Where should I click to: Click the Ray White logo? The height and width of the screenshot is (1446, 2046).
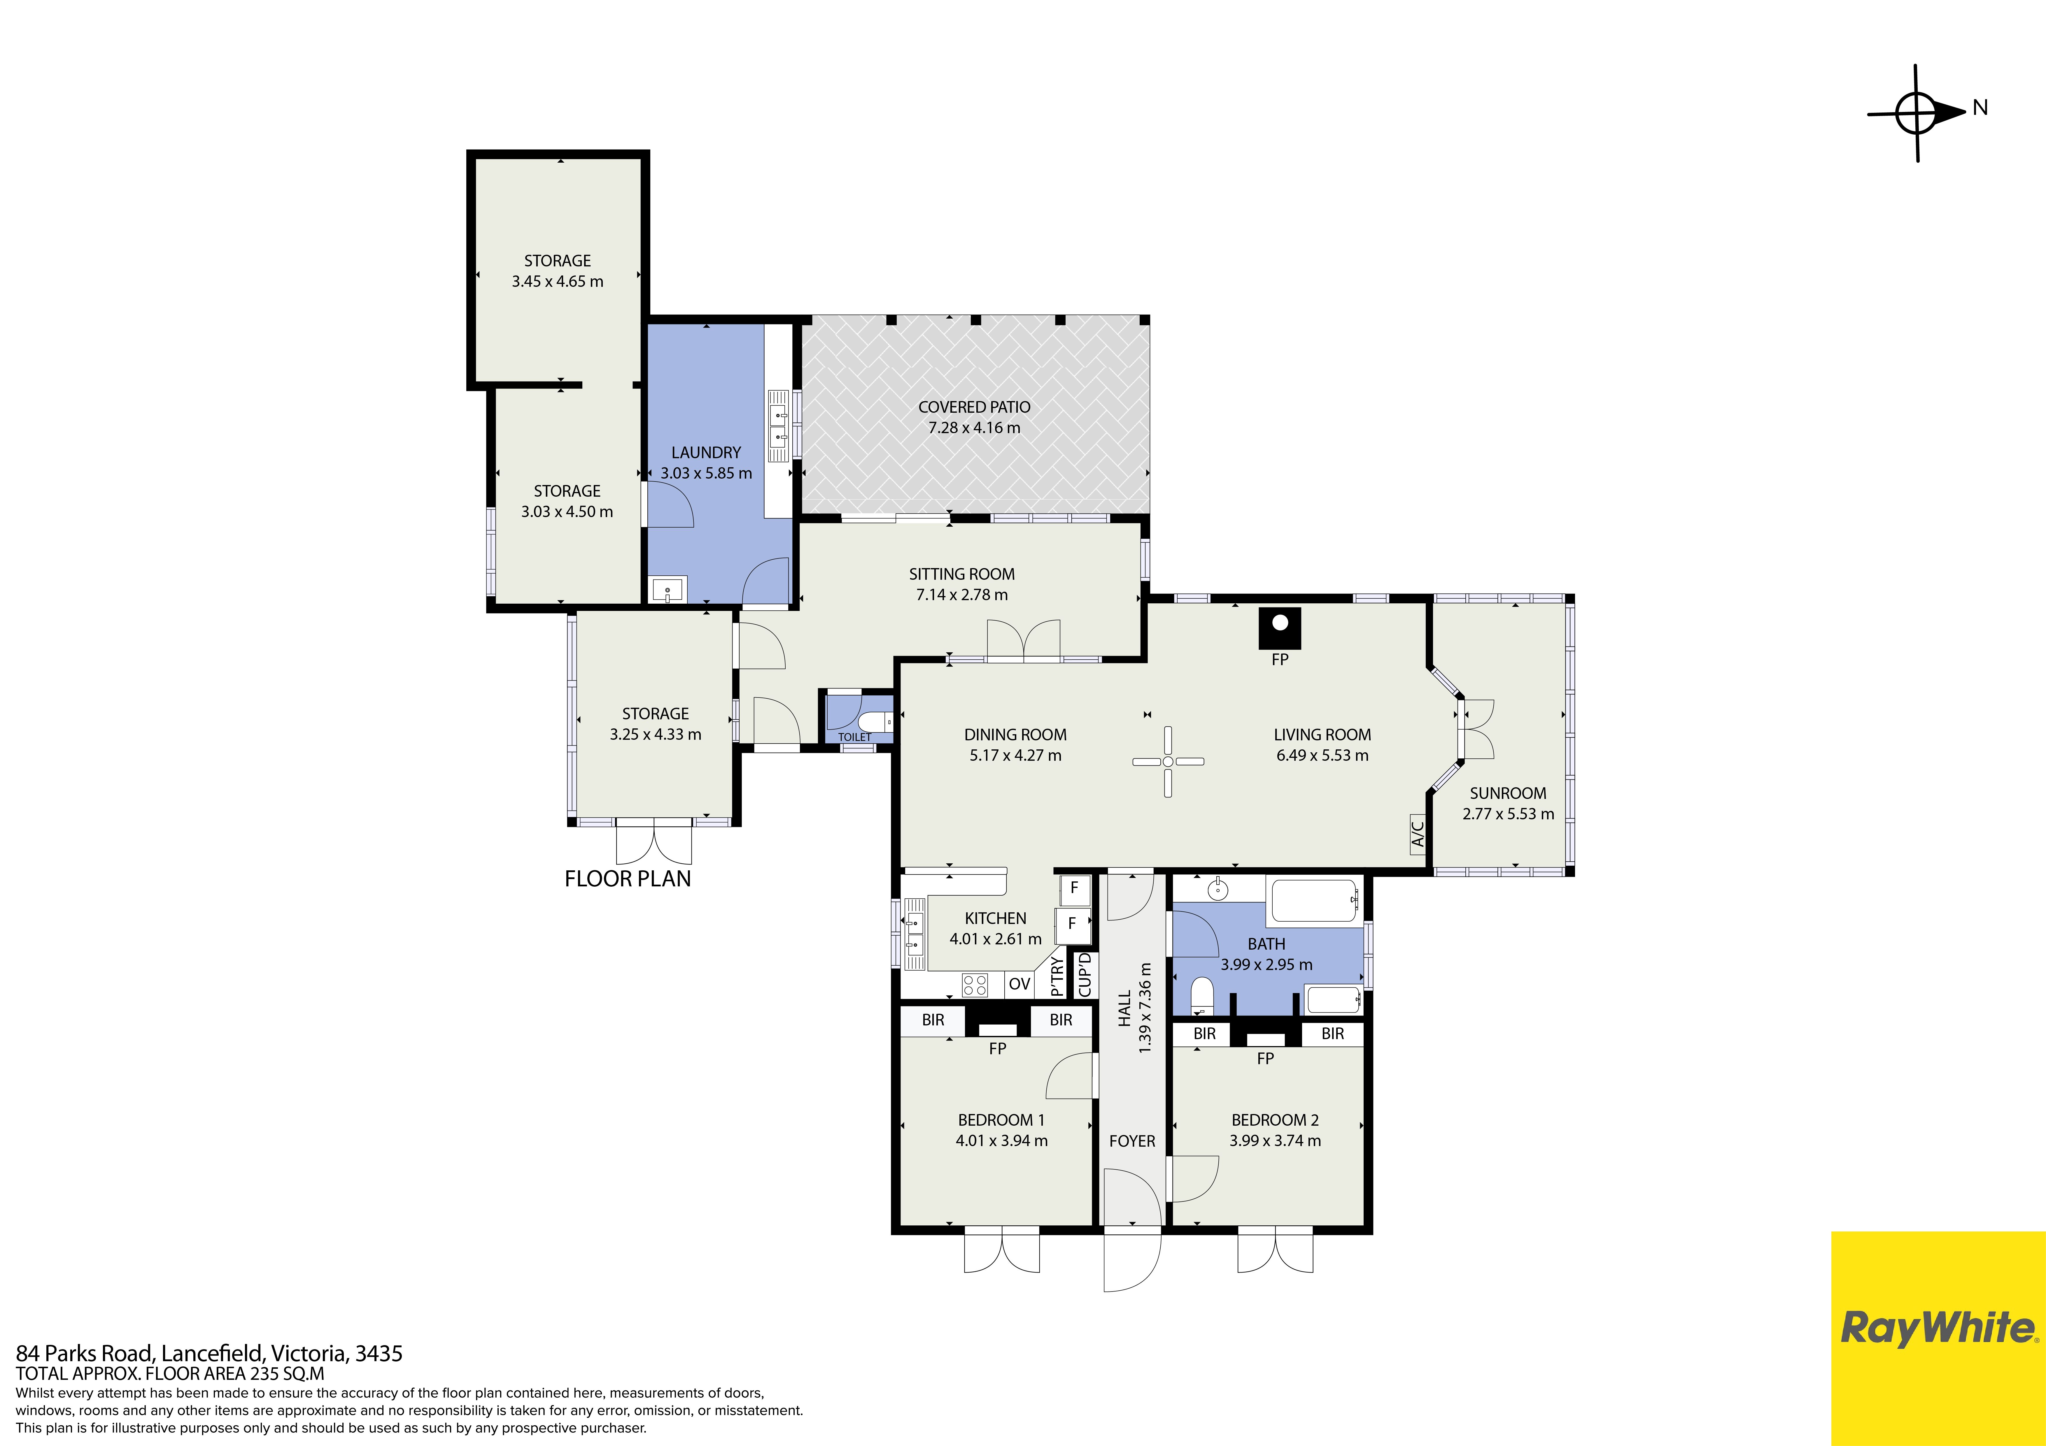tap(1938, 1327)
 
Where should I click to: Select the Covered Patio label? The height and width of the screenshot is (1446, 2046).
tap(974, 407)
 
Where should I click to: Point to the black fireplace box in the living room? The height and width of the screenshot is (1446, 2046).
tap(1280, 628)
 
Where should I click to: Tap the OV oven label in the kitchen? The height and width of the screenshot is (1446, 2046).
tap(1020, 984)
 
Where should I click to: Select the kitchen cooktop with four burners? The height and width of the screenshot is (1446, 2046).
tap(975, 985)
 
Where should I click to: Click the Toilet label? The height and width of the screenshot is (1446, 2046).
tap(854, 737)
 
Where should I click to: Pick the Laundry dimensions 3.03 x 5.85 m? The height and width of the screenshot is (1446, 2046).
tap(706, 473)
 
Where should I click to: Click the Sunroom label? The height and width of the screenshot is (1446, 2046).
tap(1508, 793)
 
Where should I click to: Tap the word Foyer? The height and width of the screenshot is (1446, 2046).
tap(1132, 1141)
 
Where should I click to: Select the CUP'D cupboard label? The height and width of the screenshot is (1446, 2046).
tap(1085, 975)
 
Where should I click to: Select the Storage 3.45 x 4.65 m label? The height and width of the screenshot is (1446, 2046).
tap(558, 271)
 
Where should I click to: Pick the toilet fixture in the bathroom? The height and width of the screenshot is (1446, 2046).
tap(1202, 996)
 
